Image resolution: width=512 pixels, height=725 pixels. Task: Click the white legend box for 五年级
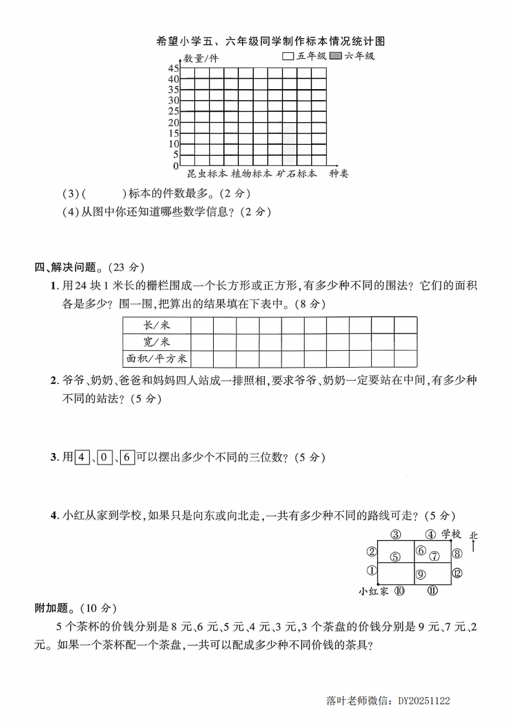tap(289, 56)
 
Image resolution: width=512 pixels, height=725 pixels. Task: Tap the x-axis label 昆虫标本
tap(207, 174)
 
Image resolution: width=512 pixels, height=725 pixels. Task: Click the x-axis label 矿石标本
tap(296, 174)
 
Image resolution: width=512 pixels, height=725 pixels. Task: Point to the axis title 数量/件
tap(201, 58)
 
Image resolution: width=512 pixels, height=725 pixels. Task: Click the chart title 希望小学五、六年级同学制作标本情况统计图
tap(271, 41)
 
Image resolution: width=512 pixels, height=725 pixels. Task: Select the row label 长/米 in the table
tap(156, 324)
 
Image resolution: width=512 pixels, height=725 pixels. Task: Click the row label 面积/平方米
tap(156, 358)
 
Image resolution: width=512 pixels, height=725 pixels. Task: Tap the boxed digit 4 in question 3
tap(82, 457)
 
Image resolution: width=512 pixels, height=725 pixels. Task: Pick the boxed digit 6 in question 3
tap(127, 457)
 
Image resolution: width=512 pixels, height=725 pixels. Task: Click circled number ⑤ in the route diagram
tap(395, 556)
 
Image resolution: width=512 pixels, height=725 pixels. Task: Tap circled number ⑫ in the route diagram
tap(457, 573)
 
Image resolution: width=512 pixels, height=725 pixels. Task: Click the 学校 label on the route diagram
tap(451, 534)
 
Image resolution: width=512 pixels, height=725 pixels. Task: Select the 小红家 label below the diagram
tap(374, 591)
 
